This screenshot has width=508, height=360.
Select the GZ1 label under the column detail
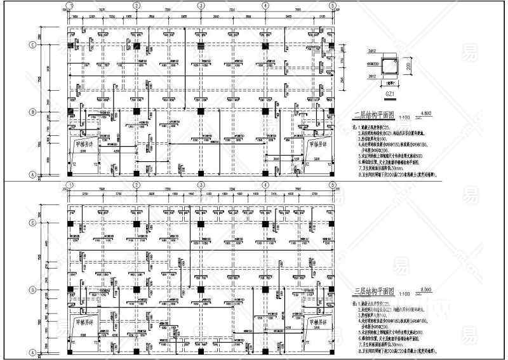[390, 93]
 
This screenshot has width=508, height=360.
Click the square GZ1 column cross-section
[387, 65]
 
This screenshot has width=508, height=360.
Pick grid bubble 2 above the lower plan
[135, 184]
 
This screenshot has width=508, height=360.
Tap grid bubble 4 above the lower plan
[265, 184]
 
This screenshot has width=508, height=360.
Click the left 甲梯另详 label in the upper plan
[84, 143]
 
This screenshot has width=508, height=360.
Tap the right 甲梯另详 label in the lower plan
[316, 321]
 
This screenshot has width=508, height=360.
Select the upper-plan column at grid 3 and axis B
[200, 112]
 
